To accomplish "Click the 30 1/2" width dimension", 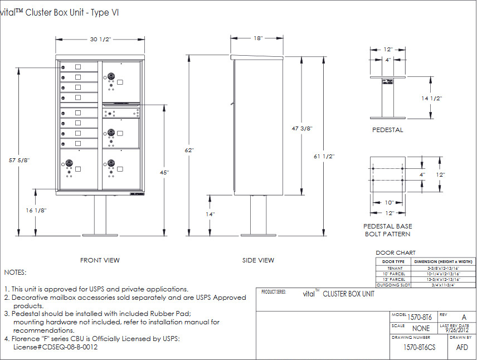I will pyautogui.click(x=101, y=39).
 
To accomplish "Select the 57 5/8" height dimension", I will pyautogui.click(x=19, y=160).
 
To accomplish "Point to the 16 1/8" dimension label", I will pyautogui.click(x=36, y=211).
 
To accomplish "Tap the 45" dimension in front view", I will pyautogui.click(x=164, y=173).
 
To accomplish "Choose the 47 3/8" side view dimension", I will pyautogui.click(x=301, y=128).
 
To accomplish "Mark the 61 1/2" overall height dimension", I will pyautogui.click(x=324, y=157).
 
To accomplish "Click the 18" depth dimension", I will pyautogui.click(x=258, y=38).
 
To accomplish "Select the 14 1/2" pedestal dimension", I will pyautogui.click(x=431, y=98).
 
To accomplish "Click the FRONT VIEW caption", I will pyautogui.click(x=100, y=260).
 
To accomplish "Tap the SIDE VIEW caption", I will pyautogui.click(x=258, y=260).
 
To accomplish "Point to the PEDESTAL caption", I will pyautogui.click(x=387, y=130).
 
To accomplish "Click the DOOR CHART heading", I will pyautogui.click(x=396, y=253).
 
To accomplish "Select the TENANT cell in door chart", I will pyautogui.click(x=393, y=268).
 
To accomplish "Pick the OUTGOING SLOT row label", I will pyautogui.click(x=393, y=285).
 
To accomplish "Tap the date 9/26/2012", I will pyautogui.click(x=456, y=330).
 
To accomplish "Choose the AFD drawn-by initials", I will pyautogui.click(x=462, y=347).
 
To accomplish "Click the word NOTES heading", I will pyautogui.click(x=15, y=273).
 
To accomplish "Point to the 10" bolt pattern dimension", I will pyautogui.click(x=388, y=202).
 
